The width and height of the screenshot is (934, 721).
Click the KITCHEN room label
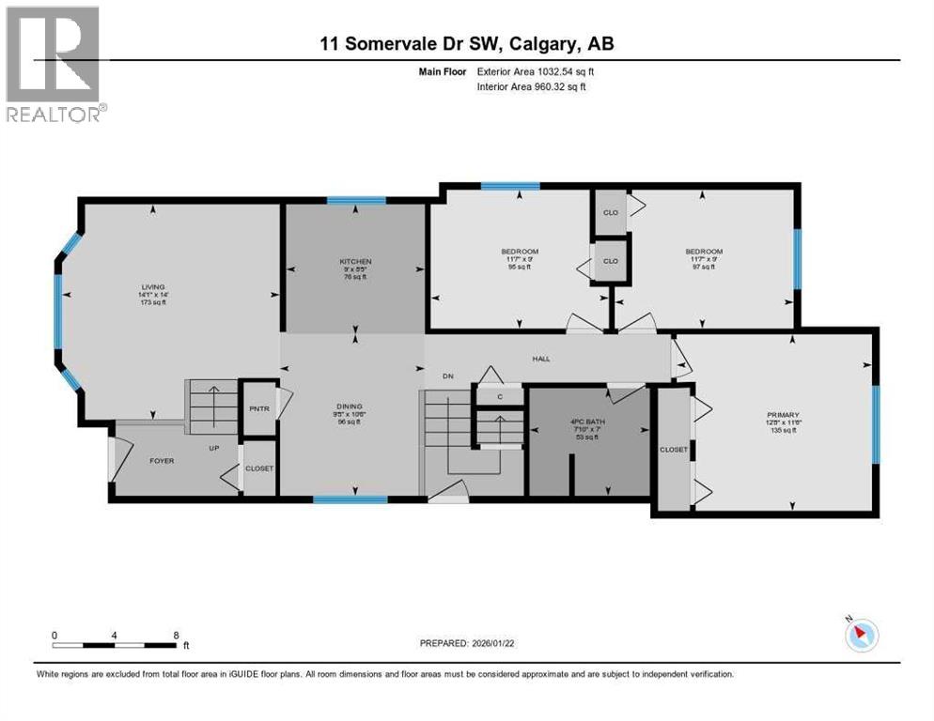(x=356, y=261)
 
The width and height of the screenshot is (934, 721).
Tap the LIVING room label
(x=153, y=286)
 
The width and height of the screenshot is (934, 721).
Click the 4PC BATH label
(x=589, y=422)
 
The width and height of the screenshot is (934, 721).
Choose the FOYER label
(x=163, y=461)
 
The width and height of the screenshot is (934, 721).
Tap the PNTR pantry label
(x=257, y=409)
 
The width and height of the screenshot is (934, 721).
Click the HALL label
(x=540, y=359)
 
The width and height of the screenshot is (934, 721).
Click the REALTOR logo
(x=53, y=64)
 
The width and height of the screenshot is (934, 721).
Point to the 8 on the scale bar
(x=176, y=635)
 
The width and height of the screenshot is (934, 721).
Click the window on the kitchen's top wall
(x=356, y=200)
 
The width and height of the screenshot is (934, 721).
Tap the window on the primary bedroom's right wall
(x=876, y=424)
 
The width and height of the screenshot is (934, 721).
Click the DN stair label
(x=448, y=376)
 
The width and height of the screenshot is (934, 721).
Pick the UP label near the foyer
(x=215, y=449)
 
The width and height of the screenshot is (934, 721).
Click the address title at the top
(x=467, y=43)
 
